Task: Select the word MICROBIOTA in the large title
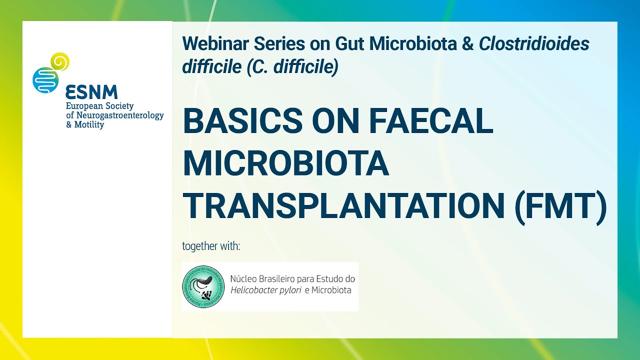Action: pyautogui.click(x=286, y=164)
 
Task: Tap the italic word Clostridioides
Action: pyautogui.click(x=534, y=44)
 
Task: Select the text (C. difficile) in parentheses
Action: pyautogui.click(x=292, y=66)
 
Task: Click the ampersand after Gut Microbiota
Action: pyautogui.click(x=468, y=44)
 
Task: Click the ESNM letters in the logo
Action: pyautogui.click(x=91, y=92)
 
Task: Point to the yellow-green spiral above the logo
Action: pyautogui.click(x=60, y=61)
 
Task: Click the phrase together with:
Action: pyautogui.click(x=211, y=246)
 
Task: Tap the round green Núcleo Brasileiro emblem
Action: pyautogui.click(x=203, y=286)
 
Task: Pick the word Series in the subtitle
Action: pyautogui.click(x=277, y=44)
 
